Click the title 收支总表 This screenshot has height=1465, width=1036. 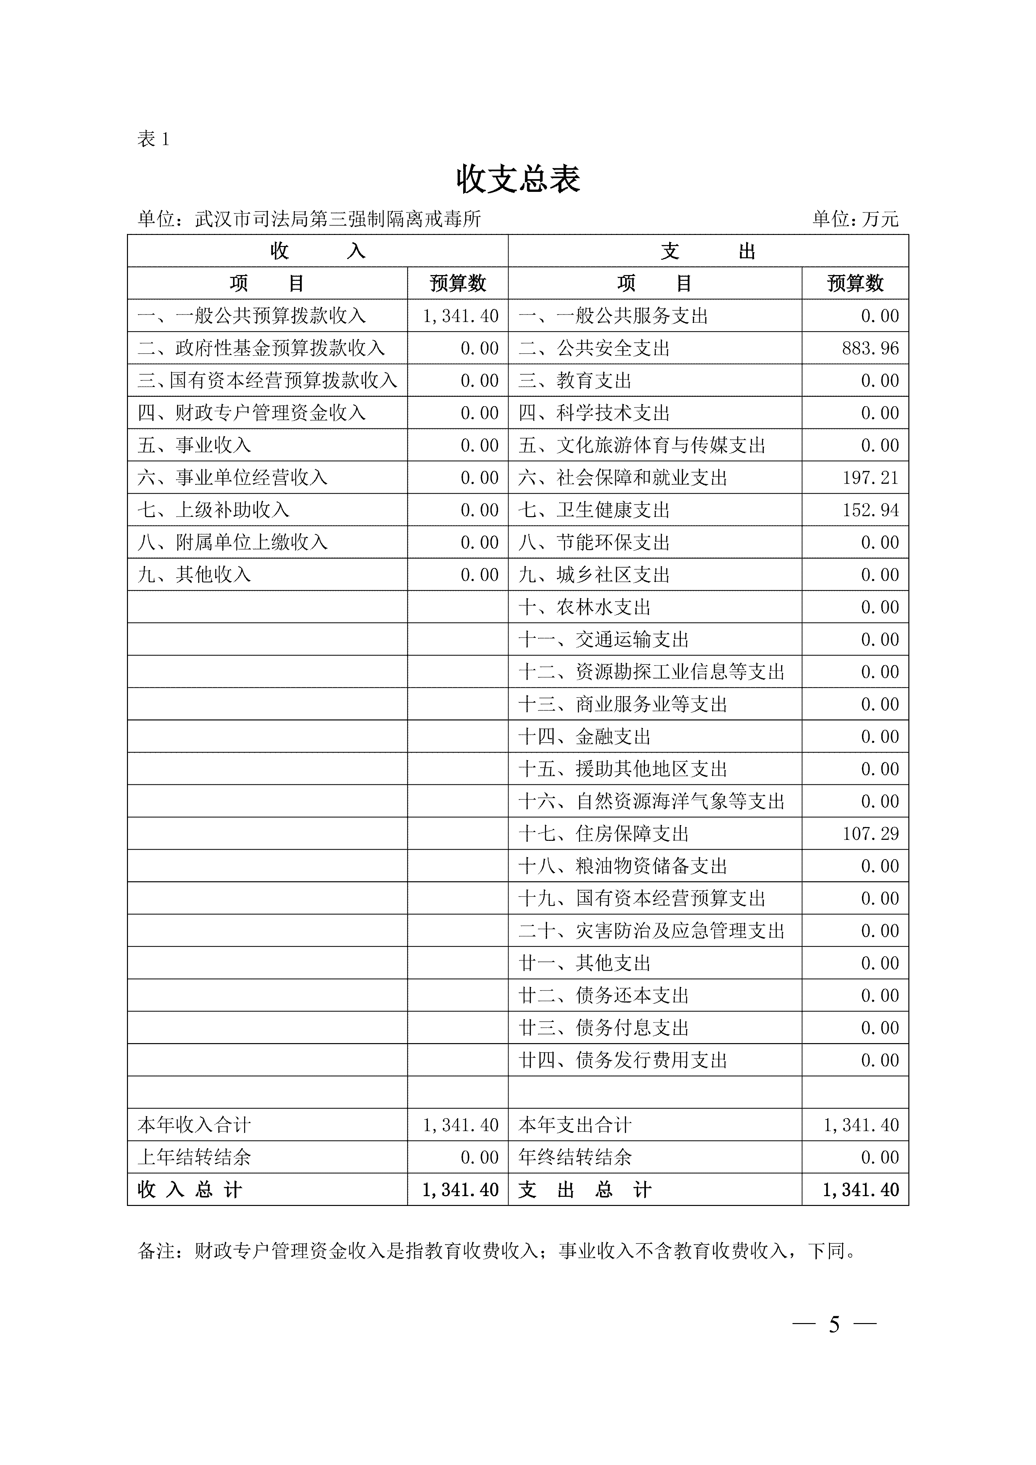click(x=518, y=179)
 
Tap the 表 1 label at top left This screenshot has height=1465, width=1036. click(x=153, y=139)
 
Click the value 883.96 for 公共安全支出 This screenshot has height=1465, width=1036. click(x=870, y=348)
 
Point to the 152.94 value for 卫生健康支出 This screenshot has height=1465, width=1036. click(x=870, y=510)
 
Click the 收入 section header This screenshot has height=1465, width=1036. click(x=317, y=251)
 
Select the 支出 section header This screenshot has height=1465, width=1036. click(x=708, y=251)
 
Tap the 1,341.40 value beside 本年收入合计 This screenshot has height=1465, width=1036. click(x=460, y=1125)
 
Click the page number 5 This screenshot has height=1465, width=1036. click(x=834, y=1325)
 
